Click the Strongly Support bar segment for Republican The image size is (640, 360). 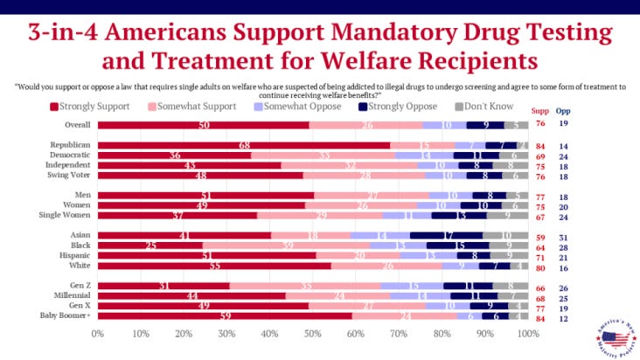(x=244, y=144)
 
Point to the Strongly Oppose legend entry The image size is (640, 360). (x=402, y=107)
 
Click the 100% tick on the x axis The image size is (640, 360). (x=526, y=334)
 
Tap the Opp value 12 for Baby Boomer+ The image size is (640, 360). (x=564, y=316)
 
